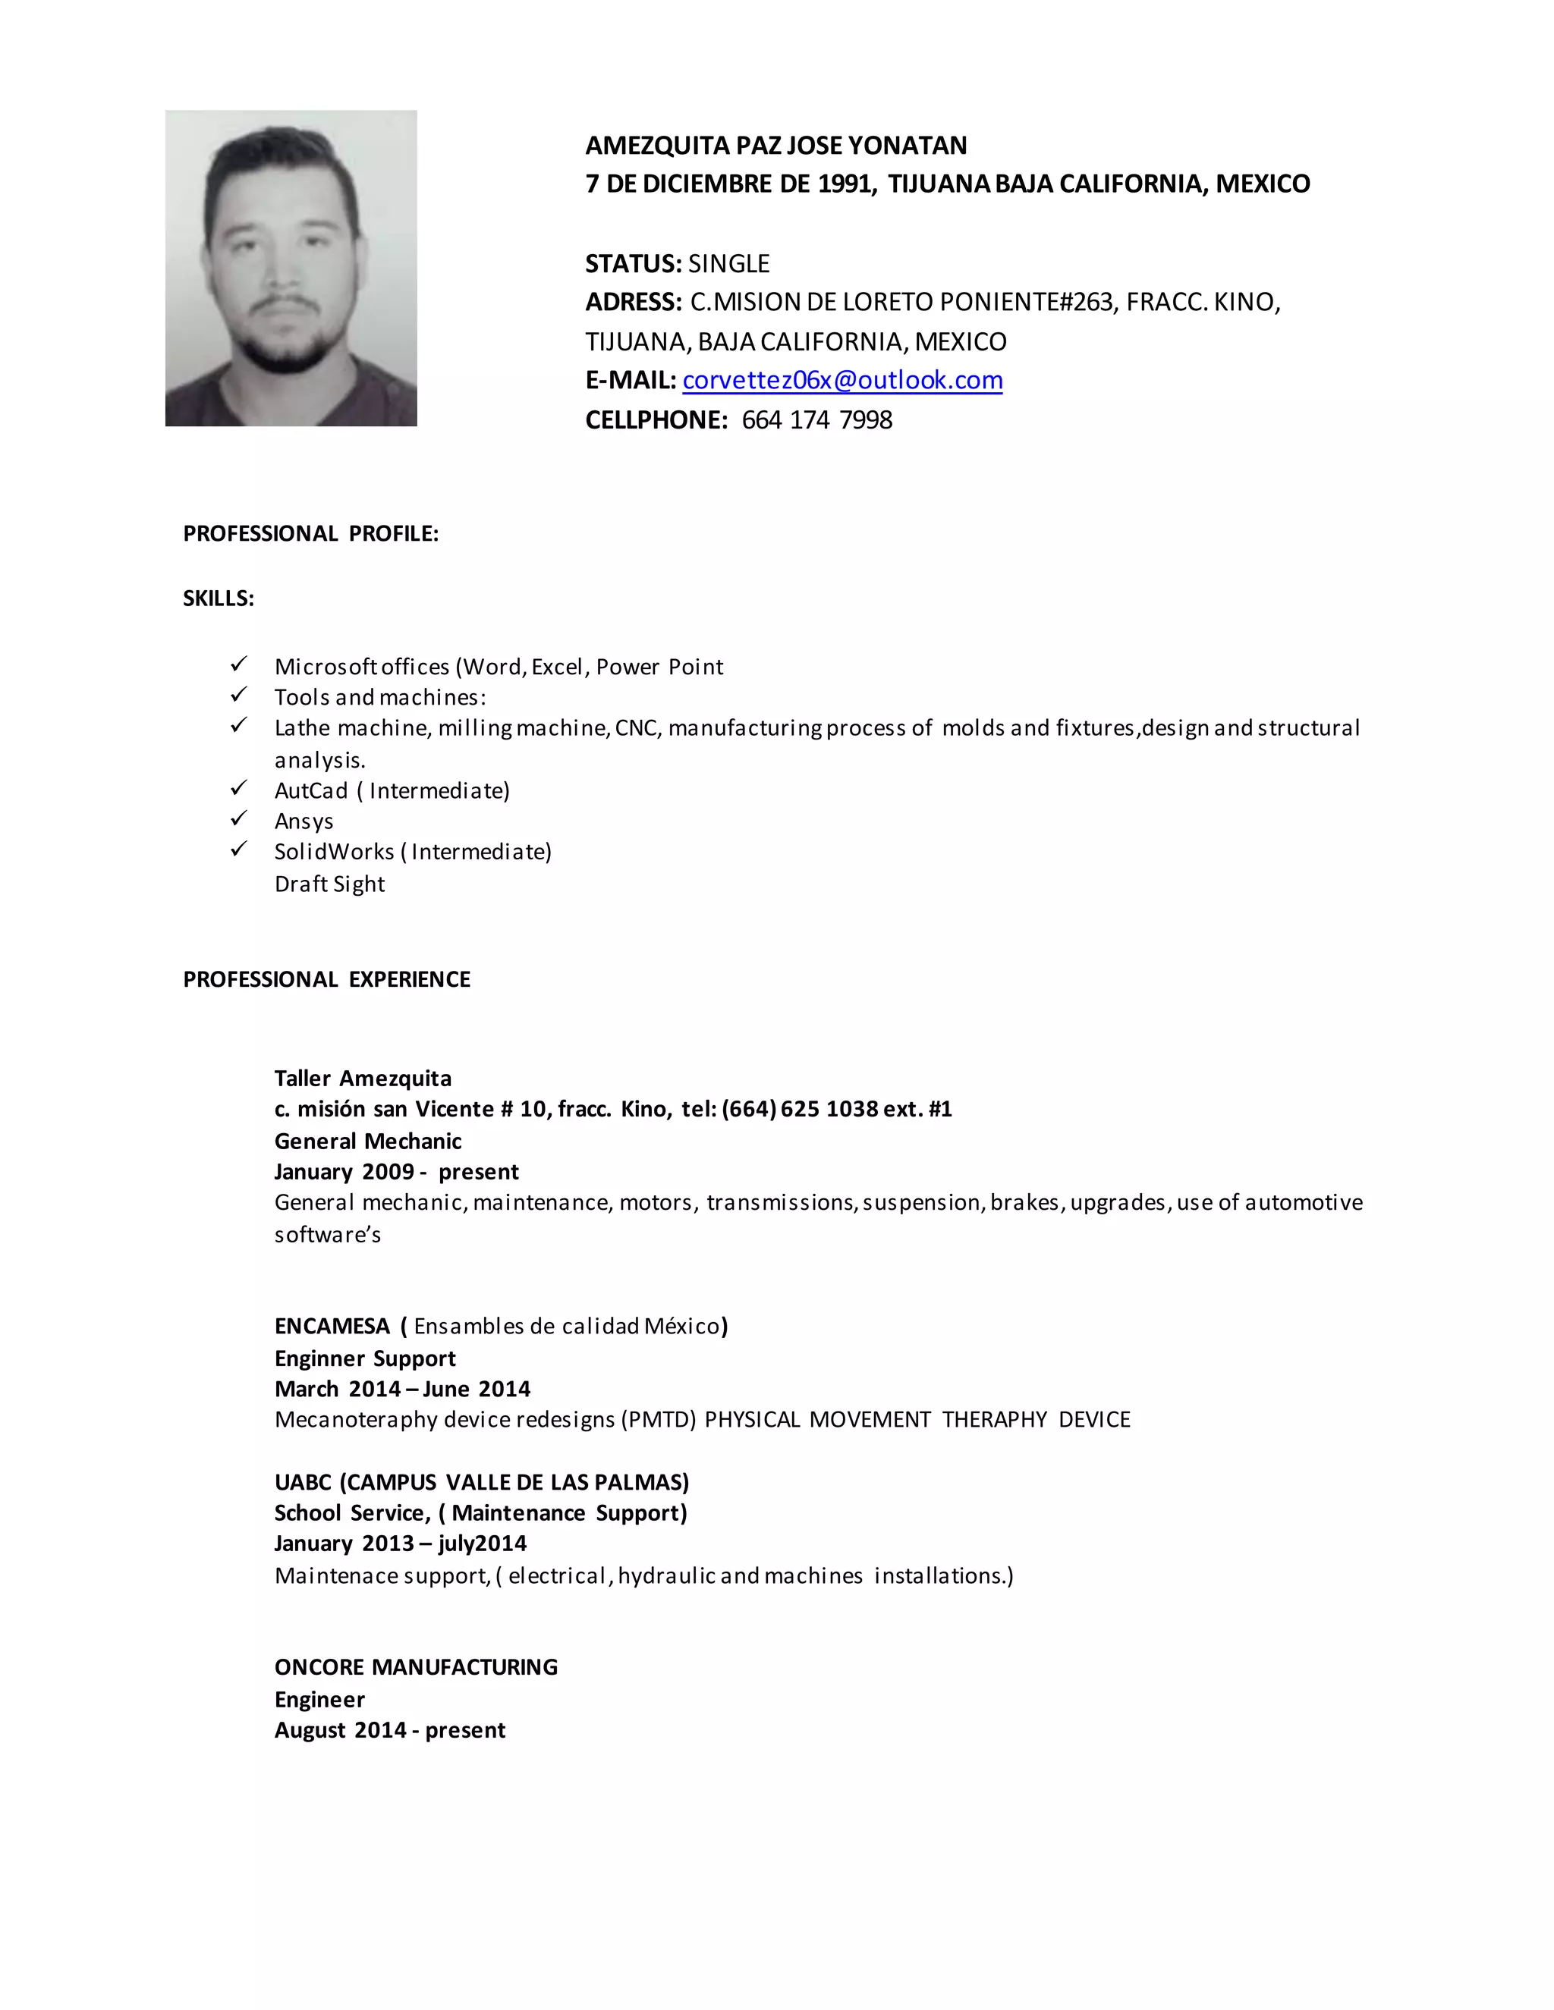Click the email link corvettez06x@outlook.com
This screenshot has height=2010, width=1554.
click(841, 380)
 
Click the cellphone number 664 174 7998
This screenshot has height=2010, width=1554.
click(816, 421)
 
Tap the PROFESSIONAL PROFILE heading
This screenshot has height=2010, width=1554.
click(310, 534)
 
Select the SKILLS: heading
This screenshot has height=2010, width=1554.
click(219, 598)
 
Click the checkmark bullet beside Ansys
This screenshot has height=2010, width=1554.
click(238, 817)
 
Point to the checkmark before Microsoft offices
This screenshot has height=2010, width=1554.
click(238, 664)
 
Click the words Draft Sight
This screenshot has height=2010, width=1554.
click(329, 884)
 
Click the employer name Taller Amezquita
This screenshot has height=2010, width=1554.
click(363, 1079)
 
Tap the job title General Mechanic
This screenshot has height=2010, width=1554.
click(367, 1142)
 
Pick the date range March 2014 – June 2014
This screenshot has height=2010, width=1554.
click(402, 1389)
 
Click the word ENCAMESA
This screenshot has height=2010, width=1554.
click(332, 1326)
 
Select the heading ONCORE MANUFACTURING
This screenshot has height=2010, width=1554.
click(416, 1666)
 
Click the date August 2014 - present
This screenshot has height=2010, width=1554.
click(389, 1730)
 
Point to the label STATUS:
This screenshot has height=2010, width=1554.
click(634, 264)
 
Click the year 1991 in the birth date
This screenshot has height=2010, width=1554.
click(845, 184)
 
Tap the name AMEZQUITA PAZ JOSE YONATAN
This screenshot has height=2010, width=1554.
click(776, 146)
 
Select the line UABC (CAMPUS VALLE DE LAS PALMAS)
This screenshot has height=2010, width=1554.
click(482, 1482)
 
